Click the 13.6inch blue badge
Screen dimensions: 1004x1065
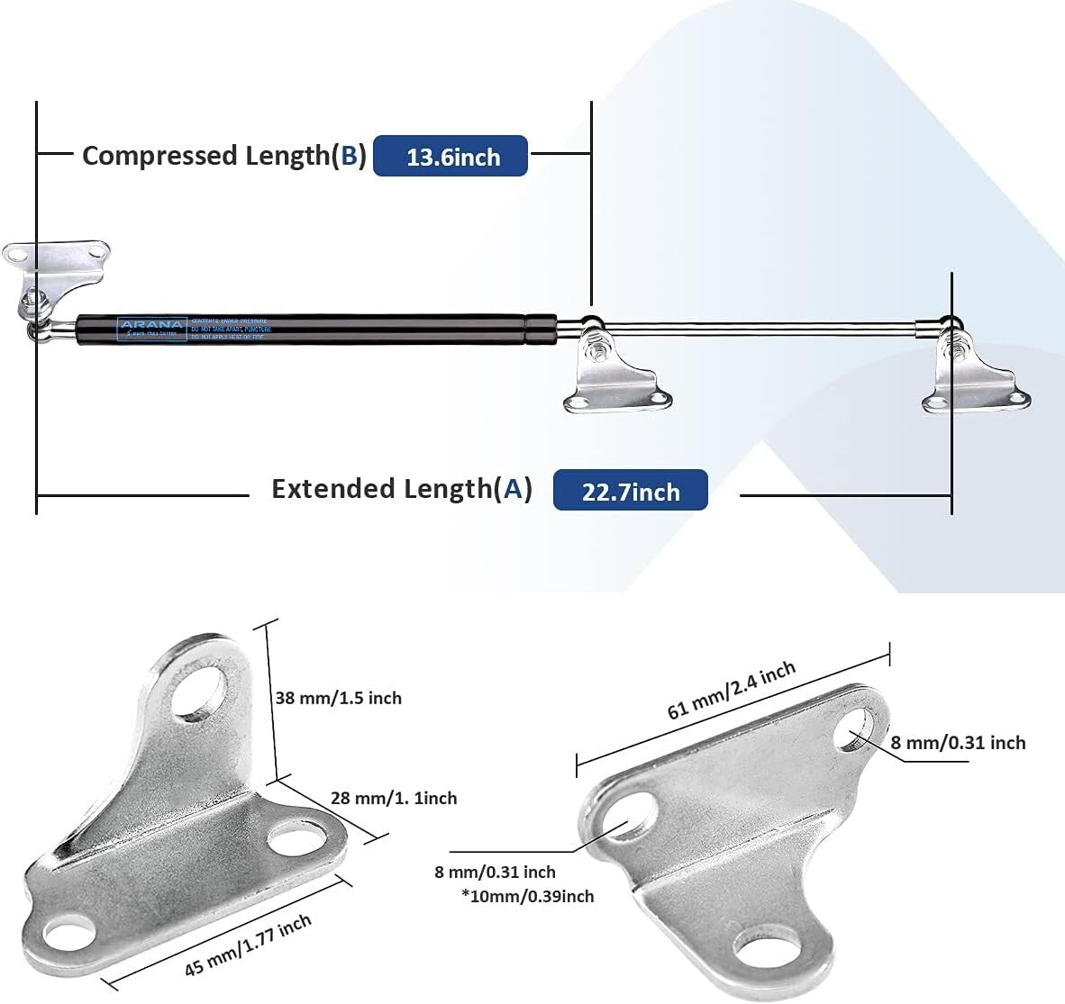pyautogui.click(x=450, y=157)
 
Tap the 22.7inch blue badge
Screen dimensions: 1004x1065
pyautogui.click(x=630, y=491)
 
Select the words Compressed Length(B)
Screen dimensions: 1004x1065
pyautogui.click(x=223, y=156)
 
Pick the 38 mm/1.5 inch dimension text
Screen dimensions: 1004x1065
pyautogui.click(x=338, y=698)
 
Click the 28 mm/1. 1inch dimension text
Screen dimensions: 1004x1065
pyautogui.click(x=394, y=798)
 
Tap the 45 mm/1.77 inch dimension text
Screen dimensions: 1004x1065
pyautogui.click(x=249, y=945)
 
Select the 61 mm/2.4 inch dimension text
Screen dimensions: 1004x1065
pyautogui.click(x=732, y=690)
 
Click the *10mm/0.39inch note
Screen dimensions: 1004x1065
pyautogui.click(x=527, y=896)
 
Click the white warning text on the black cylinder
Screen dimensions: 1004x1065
pyautogui.click(x=230, y=328)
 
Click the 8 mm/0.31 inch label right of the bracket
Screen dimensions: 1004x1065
pyautogui.click(x=958, y=743)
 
